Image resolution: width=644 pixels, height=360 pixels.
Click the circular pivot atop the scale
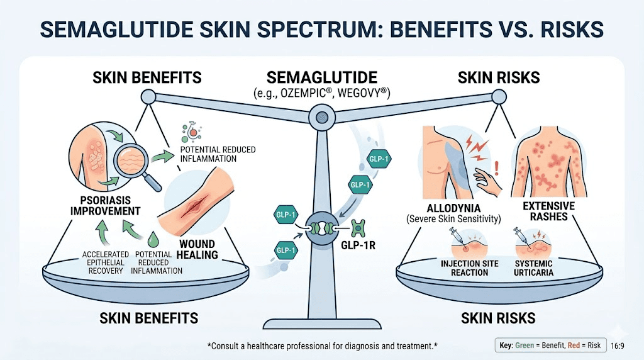(x=322, y=116)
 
